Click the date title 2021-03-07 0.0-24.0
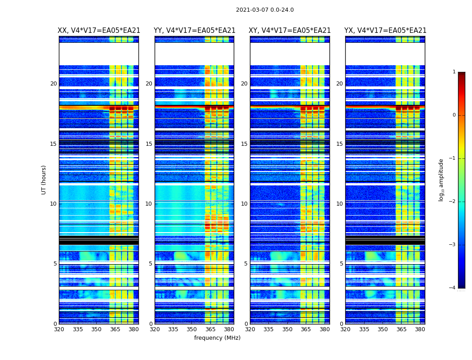265,10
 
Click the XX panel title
99,31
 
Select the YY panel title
194,31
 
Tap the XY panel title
290,31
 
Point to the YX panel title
385,31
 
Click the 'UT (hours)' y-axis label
44,180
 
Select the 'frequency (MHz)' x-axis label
217,338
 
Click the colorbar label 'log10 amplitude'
441,180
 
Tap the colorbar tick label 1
454,72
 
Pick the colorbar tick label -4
452,288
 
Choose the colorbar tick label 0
454,115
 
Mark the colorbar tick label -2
452,202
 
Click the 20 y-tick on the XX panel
53,84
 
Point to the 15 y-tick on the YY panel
149,144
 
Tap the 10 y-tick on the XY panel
244,204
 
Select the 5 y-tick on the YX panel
341,264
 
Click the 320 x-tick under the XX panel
59,329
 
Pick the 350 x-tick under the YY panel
192,329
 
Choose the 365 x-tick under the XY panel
306,329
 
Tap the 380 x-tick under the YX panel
420,329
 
